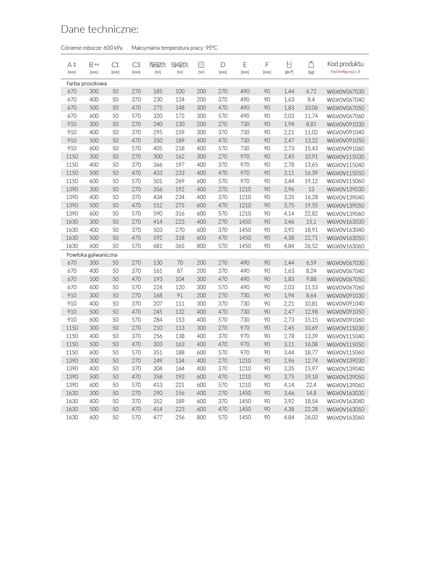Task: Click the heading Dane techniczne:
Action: pos(99,29)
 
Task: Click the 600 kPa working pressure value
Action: pos(113,48)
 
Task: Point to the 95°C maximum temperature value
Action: pos(211,48)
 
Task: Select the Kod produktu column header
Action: pos(345,64)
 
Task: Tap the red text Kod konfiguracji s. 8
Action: pos(345,72)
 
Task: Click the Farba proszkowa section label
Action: pos(87,83)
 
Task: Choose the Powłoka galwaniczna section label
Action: pos(92,255)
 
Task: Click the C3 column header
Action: pos(136,65)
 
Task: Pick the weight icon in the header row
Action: pos(311,65)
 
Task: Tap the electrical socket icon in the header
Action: pos(201,65)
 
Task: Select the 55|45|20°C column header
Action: pos(180,65)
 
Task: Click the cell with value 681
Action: pos(158,246)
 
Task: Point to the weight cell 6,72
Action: pos(311,91)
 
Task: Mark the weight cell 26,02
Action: pos(311,417)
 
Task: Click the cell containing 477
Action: pos(158,417)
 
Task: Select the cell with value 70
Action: pos(180,263)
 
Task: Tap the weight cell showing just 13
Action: pos(311,189)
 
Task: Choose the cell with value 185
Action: pos(158,91)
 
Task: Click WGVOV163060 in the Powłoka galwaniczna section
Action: pos(345,418)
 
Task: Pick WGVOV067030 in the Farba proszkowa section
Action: pos(345,92)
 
